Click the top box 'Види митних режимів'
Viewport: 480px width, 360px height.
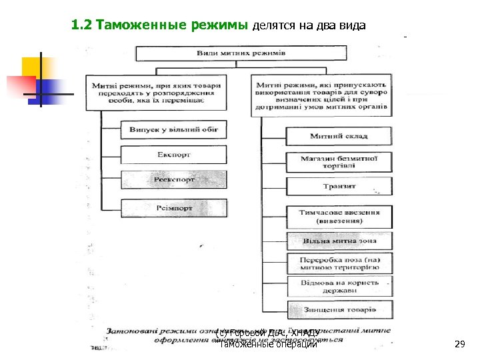pos(241,53)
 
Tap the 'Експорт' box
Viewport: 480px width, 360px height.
pos(174,155)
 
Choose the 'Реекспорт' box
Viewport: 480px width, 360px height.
pos(174,180)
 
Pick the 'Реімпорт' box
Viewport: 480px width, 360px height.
pos(174,208)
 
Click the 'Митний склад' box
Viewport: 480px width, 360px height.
pos(339,136)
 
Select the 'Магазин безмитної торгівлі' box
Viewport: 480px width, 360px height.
pos(339,162)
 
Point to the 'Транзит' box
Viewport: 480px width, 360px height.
pos(339,186)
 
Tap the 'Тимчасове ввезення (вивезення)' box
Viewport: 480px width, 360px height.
pos(339,215)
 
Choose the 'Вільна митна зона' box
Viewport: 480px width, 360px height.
pos(339,241)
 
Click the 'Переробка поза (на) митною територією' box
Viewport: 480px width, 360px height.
pos(339,263)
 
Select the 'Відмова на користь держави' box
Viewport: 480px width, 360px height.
pos(339,287)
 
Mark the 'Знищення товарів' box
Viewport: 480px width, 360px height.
pos(339,310)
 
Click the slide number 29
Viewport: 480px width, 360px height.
pos(459,344)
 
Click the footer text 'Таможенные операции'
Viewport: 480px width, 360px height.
pos(268,344)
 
